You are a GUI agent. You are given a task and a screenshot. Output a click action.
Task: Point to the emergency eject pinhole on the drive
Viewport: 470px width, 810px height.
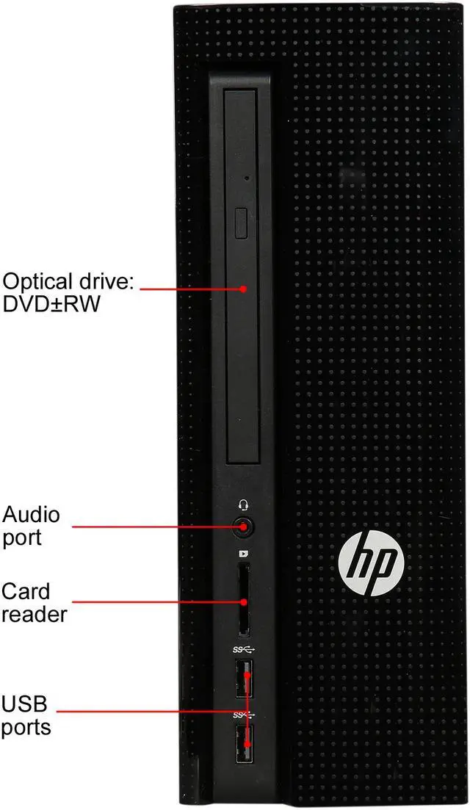[x=246, y=178]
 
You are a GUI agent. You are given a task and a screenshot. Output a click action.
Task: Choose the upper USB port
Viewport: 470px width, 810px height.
[x=244, y=680]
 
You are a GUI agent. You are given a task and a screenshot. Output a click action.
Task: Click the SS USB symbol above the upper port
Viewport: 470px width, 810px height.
[x=242, y=650]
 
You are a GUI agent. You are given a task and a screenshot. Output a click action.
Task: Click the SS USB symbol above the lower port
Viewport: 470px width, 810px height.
[x=242, y=714]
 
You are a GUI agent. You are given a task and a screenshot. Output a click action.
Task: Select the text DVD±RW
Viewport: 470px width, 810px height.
[x=50, y=304]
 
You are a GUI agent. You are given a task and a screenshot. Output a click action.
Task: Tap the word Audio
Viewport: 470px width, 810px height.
[x=32, y=513]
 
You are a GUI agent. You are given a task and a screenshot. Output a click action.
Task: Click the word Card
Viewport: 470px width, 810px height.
[x=26, y=591]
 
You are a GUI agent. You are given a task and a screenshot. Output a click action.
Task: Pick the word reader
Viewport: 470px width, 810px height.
[x=34, y=615]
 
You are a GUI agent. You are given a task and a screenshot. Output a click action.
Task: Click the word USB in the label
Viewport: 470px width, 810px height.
[x=24, y=706]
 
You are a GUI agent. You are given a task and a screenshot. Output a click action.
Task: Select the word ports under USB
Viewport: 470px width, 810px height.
[x=26, y=728]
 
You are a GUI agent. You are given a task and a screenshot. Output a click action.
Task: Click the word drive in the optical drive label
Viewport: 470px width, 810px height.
[x=102, y=282]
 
